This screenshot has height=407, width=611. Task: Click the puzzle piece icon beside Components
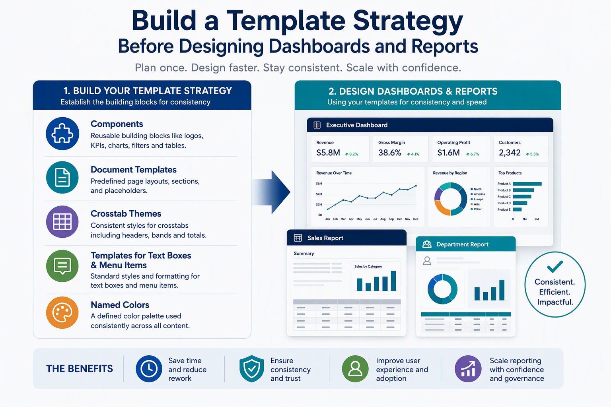[x=62, y=134]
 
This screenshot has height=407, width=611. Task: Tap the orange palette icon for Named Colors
[x=62, y=312]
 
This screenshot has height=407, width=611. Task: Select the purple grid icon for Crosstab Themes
[x=62, y=222]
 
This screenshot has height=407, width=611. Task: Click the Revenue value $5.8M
[x=328, y=153]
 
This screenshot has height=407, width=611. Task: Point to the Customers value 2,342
[x=510, y=153]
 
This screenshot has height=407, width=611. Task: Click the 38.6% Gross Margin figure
[x=389, y=153]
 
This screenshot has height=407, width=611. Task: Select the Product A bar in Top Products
[x=527, y=184]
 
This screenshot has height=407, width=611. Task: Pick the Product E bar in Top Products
[x=517, y=209]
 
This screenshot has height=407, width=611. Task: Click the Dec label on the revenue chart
[x=416, y=219]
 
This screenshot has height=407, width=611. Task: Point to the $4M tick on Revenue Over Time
[x=319, y=194]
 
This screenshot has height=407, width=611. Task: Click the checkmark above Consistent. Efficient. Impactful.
[x=555, y=267]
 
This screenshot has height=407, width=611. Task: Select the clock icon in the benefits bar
[x=149, y=368]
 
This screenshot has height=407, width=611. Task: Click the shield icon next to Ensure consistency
[x=251, y=368]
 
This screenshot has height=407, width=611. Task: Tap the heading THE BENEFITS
[x=80, y=368]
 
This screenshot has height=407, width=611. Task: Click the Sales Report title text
[x=325, y=238]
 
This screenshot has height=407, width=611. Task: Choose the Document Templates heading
[x=133, y=170]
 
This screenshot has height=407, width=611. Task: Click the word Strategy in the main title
[x=408, y=21]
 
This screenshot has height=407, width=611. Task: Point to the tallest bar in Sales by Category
[x=393, y=281]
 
